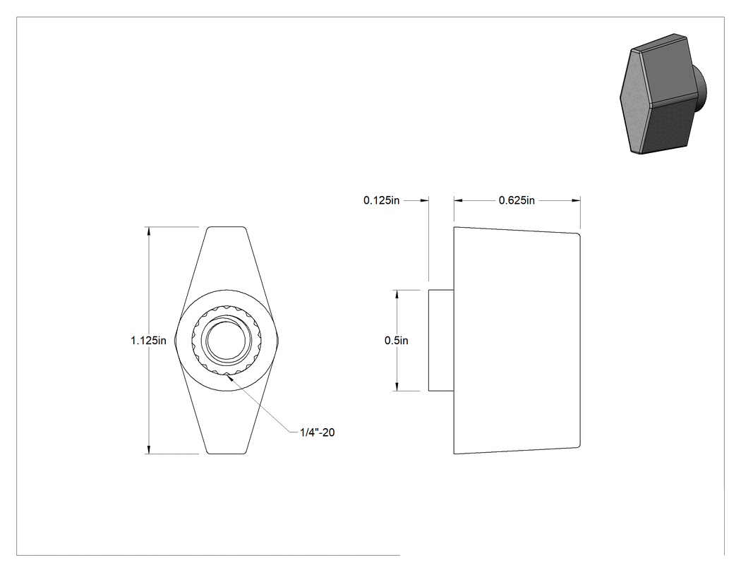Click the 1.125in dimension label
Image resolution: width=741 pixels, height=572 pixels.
pos(148,341)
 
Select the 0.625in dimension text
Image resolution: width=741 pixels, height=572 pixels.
pos(517,201)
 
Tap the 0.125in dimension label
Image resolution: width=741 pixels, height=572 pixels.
pos(381,201)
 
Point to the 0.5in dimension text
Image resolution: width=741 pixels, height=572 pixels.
pos(397,341)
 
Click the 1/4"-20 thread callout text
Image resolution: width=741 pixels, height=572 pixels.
pos(317,432)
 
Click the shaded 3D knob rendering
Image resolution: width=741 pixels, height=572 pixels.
pos(663,94)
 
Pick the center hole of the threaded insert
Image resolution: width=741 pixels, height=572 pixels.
pos(227,341)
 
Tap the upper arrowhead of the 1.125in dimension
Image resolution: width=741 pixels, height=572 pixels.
pos(149,231)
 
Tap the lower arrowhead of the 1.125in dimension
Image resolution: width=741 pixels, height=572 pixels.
pos(149,450)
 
